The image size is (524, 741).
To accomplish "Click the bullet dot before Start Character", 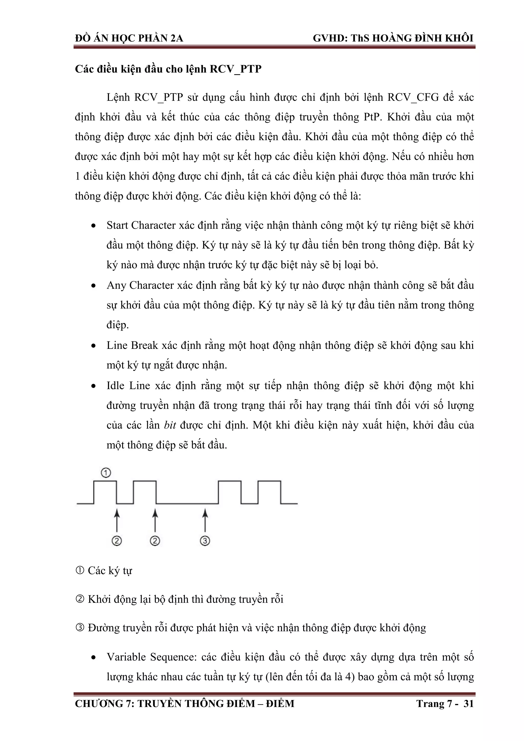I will (x=94, y=226).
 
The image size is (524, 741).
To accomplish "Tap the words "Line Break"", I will (x=132, y=345).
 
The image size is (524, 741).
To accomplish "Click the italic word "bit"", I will (x=170, y=425).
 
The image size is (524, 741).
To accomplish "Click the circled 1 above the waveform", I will (x=106, y=473).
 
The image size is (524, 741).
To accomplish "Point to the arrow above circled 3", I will (x=205, y=519).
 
